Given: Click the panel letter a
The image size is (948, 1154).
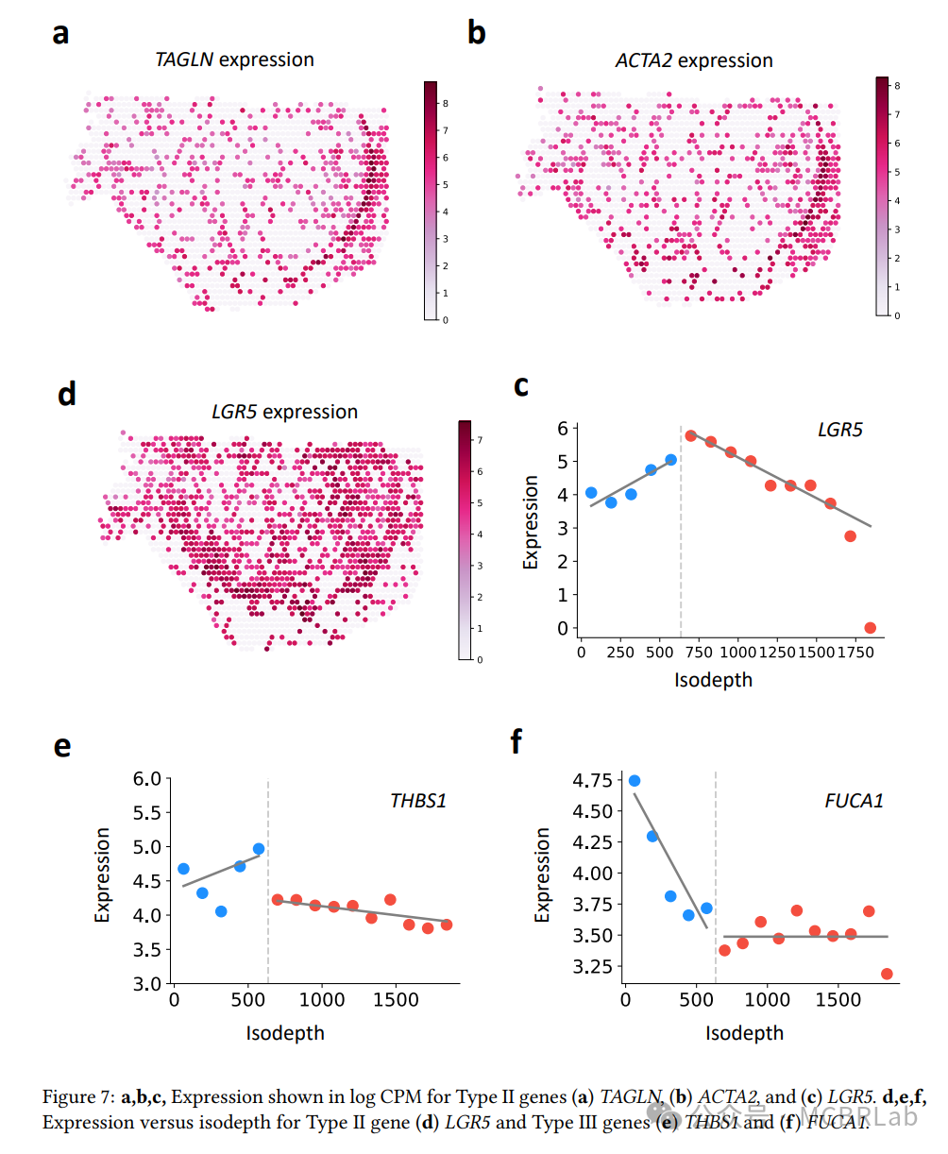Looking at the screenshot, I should (x=60, y=34).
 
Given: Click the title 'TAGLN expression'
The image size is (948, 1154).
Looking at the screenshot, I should (x=234, y=59).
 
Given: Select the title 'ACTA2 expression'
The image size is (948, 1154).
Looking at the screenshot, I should (x=694, y=60).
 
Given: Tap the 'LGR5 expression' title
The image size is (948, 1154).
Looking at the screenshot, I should (x=283, y=412).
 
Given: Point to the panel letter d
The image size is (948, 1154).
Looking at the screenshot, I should (x=66, y=393).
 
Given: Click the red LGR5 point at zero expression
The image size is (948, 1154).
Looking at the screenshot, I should (x=870, y=628).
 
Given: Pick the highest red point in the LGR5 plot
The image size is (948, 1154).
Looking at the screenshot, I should (x=690, y=436).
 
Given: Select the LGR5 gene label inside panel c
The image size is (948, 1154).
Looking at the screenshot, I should (x=839, y=431).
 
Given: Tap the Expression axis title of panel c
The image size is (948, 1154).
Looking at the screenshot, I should (x=531, y=522).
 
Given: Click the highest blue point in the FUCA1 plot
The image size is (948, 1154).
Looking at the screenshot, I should (x=635, y=781).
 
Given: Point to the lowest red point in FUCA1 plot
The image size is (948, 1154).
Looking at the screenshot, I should (x=886, y=974).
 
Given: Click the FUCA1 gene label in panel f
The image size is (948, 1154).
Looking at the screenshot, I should (x=854, y=802).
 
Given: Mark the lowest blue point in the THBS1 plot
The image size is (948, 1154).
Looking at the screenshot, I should (x=221, y=911).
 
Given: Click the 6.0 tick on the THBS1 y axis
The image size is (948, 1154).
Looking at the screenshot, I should (x=149, y=779).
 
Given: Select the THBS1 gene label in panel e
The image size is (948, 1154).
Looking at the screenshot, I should (x=418, y=801).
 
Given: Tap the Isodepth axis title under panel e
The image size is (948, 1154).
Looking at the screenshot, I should (x=285, y=1032).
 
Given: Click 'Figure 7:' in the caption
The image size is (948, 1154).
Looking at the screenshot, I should (x=79, y=1097).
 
